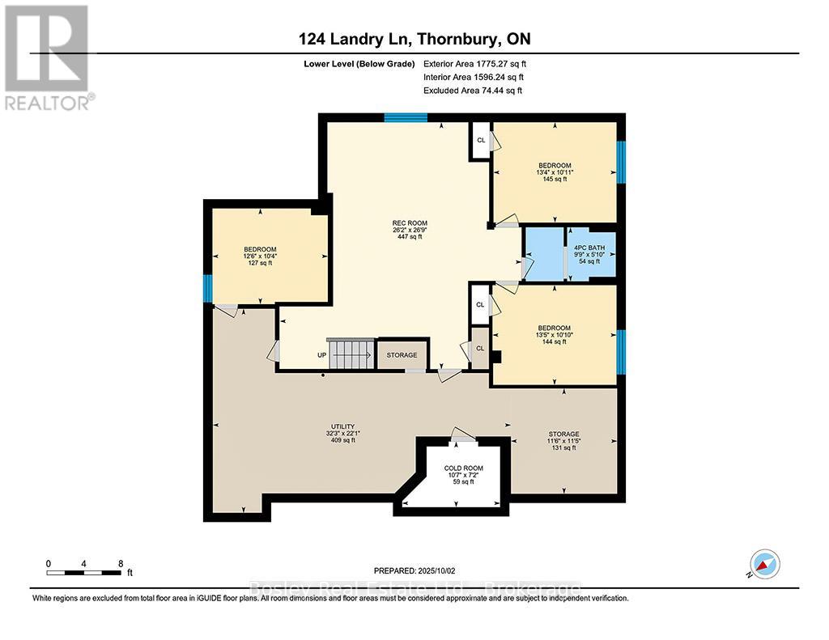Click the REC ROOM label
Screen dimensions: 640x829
click(x=410, y=223)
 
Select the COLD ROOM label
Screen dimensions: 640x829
click(x=463, y=468)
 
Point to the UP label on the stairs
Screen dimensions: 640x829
click(x=322, y=355)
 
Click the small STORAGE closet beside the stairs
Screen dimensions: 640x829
click(x=402, y=355)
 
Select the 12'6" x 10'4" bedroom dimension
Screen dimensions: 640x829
click(x=261, y=256)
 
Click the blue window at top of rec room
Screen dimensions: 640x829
click(x=405, y=118)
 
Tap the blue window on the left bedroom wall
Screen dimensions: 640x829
click(x=207, y=287)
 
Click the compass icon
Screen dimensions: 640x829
click(x=764, y=564)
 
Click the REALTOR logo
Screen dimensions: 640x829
click(x=48, y=57)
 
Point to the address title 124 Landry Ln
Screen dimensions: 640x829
click(x=414, y=40)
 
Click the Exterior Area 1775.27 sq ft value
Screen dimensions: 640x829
click(x=480, y=63)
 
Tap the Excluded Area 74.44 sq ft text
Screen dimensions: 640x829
click(x=473, y=91)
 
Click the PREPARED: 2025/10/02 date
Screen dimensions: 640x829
click(x=414, y=570)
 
